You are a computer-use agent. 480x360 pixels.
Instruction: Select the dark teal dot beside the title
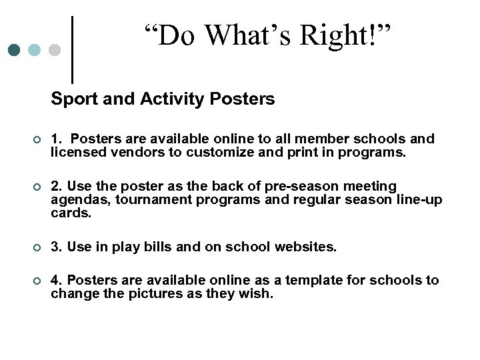[x=14, y=50]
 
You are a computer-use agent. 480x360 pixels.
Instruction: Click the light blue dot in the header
[x=34, y=50]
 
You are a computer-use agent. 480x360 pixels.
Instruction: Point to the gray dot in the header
[x=55, y=50]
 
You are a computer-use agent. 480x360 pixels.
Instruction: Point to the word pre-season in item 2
[x=281, y=186]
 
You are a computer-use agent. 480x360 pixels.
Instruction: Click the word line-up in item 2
[x=417, y=200]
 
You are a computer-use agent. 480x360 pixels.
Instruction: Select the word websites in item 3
[x=307, y=247]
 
